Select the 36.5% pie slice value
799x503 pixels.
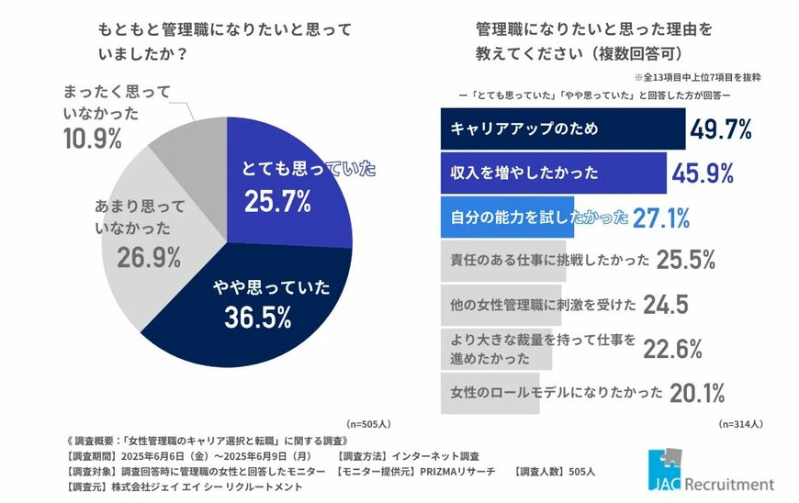pos(258,318)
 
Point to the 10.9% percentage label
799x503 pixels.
pos(93,139)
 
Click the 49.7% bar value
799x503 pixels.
pos(727,129)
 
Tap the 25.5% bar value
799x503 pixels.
pos(684,261)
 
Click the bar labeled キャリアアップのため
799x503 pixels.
pos(562,129)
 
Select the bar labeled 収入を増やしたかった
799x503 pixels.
pos(553,173)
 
